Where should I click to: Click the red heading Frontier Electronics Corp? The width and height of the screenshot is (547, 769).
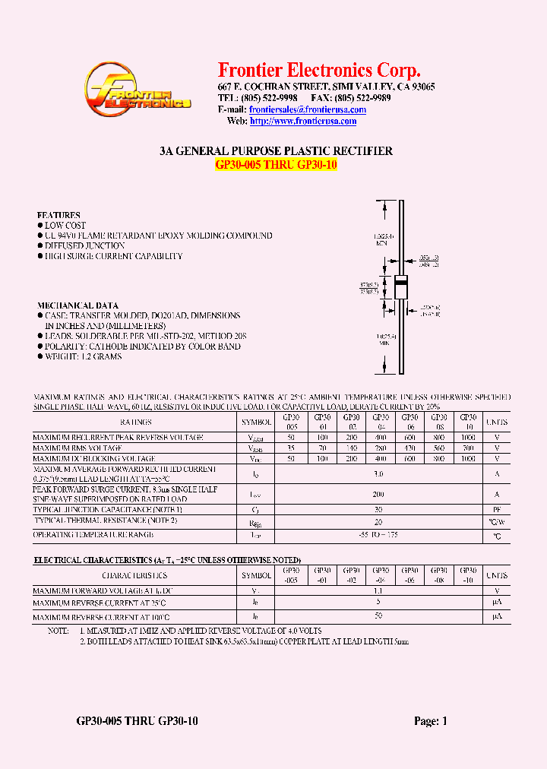[319, 71]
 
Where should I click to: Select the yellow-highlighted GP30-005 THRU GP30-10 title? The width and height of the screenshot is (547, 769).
[276, 165]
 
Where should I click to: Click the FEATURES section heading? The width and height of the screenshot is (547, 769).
[58, 215]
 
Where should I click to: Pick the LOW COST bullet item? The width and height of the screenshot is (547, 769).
[65, 226]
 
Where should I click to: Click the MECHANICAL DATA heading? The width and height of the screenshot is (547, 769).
[77, 305]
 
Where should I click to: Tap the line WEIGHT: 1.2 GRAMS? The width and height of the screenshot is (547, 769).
[83, 356]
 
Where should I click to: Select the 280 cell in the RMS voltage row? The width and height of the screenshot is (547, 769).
[381, 448]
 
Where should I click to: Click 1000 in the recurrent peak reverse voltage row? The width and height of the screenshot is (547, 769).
[469, 438]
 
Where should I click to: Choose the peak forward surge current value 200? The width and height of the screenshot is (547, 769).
[379, 494]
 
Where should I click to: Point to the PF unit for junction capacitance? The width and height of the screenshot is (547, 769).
[497, 509]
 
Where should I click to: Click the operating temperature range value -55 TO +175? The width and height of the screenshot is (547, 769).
[379, 535]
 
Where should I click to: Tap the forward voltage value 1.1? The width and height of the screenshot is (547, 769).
[379, 590]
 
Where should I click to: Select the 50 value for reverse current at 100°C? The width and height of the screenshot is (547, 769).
[379, 616]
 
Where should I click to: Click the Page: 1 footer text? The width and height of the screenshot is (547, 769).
[430, 721]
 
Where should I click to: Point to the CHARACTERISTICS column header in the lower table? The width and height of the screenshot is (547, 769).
[134, 576]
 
